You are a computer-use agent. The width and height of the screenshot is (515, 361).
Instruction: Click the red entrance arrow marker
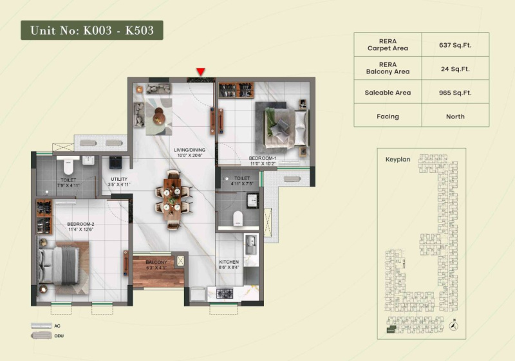[201, 71]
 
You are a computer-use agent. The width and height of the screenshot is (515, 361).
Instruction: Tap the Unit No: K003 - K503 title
[91, 30]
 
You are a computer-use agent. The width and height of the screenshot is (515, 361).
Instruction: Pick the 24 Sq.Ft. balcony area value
[455, 68]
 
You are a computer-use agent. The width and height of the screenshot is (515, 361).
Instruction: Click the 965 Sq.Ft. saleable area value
[455, 93]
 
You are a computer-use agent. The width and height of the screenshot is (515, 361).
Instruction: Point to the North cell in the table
[455, 116]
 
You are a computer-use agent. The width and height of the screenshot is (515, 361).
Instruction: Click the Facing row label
[388, 116]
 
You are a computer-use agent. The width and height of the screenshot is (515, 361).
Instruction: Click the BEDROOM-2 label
[80, 227]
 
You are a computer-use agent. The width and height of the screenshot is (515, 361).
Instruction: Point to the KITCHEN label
[229, 264]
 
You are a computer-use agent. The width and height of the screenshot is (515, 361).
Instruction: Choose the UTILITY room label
[119, 182]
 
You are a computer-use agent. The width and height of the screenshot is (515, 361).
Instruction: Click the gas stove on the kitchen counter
[225, 294]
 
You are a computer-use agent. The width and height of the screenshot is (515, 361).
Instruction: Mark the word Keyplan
[398, 158]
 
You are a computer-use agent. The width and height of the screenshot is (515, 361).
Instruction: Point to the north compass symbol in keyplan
[454, 326]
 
